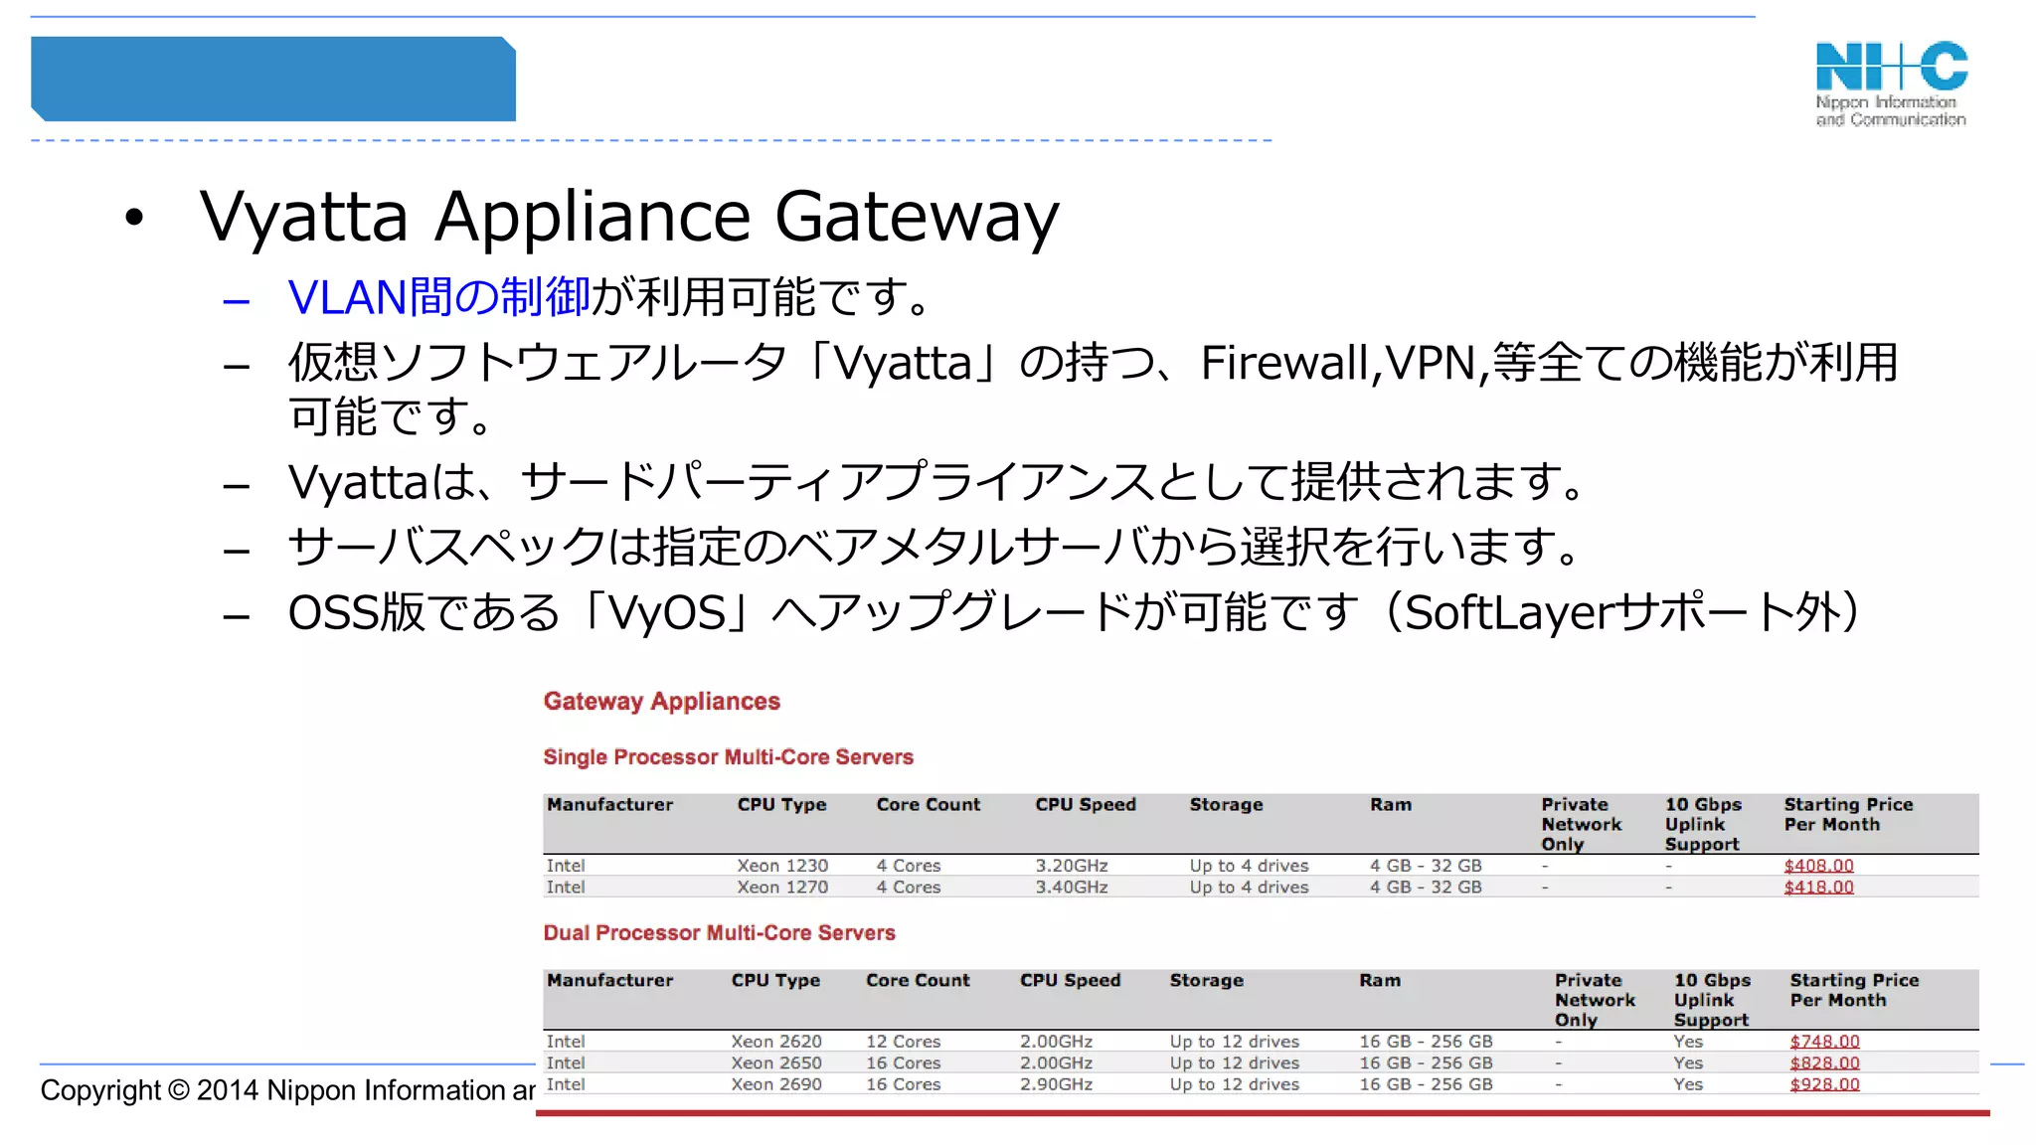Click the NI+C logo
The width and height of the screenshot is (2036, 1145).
1891,82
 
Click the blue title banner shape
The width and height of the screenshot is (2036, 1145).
273,80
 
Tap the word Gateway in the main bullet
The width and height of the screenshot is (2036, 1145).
917,217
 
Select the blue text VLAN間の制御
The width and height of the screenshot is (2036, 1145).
438,297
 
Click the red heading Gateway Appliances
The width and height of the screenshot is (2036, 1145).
661,702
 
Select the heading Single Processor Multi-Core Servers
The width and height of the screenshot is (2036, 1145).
728,757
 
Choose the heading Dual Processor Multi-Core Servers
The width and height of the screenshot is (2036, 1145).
719,933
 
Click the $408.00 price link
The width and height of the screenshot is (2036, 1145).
1818,866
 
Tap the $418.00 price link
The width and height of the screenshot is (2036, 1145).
1818,887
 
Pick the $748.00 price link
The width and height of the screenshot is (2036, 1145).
1824,1042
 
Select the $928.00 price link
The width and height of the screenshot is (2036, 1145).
1824,1084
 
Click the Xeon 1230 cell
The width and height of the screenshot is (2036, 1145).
782,866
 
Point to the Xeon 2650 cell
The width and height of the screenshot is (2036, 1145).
776,1063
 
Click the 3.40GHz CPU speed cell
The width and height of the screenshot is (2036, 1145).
1071,887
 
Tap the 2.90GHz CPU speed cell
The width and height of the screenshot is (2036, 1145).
1056,1084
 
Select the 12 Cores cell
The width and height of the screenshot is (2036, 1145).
903,1042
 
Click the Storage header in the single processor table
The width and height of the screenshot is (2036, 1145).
1226,805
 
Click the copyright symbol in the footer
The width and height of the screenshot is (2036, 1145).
179,1090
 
